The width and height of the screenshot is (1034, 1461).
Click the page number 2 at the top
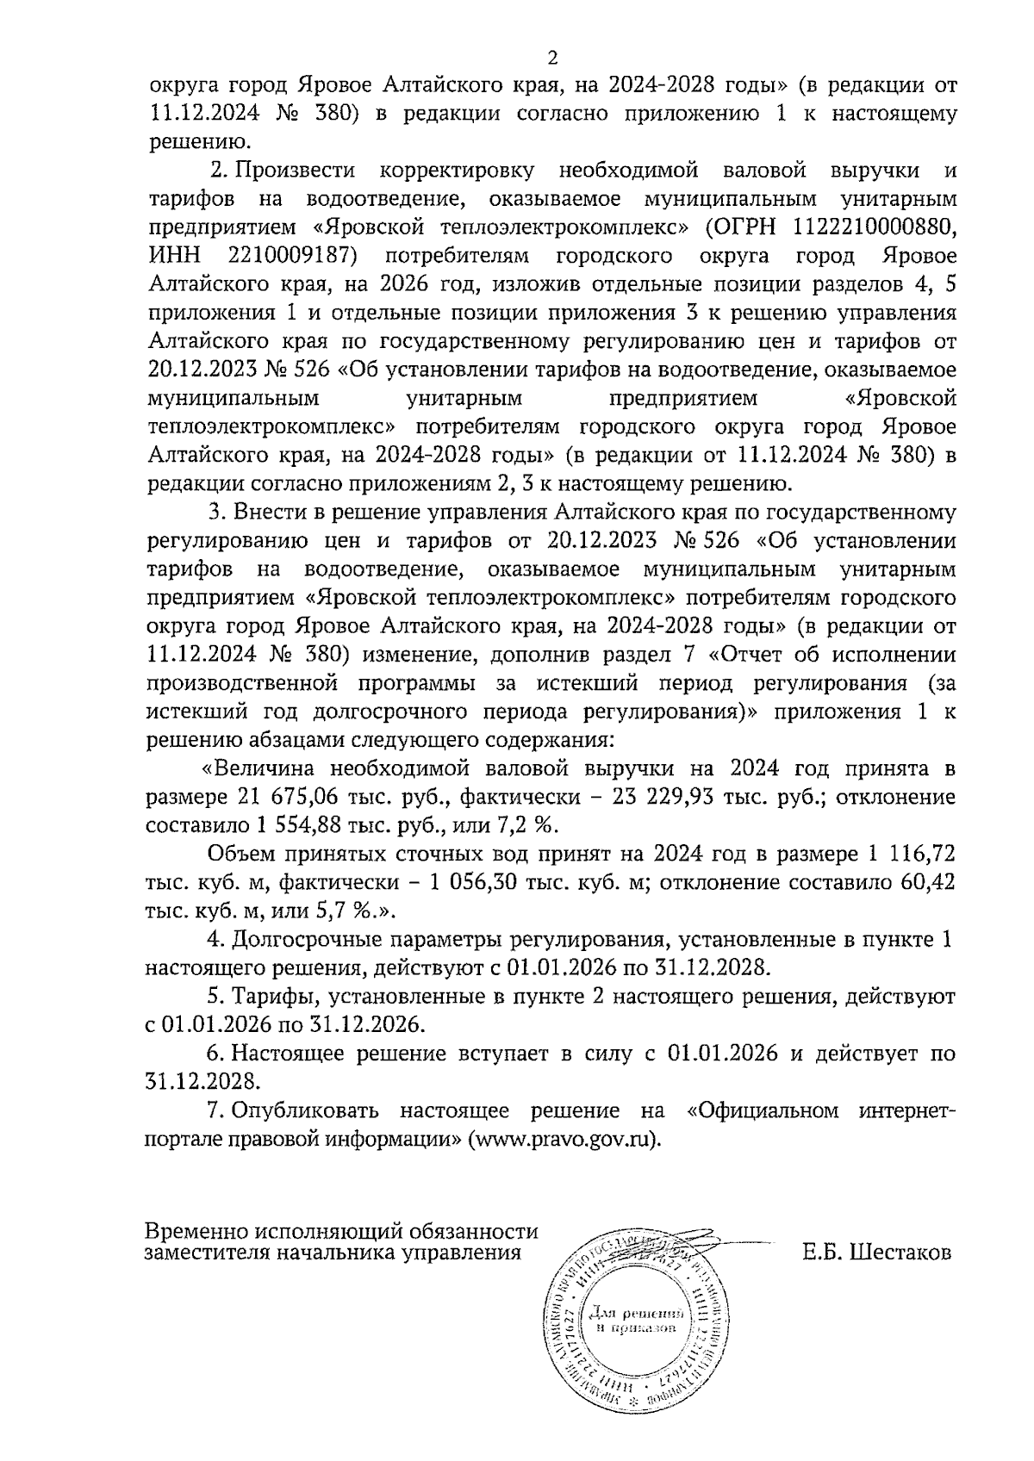pyautogui.click(x=552, y=59)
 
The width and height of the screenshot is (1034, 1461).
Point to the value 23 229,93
pyautogui.click(x=663, y=797)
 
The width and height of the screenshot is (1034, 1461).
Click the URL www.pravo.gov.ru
pyautogui.click(x=563, y=1138)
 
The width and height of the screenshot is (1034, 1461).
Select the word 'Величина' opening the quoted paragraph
pyautogui.click(x=261, y=768)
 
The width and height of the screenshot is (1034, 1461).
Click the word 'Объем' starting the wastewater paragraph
pyautogui.click(x=239, y=855)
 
